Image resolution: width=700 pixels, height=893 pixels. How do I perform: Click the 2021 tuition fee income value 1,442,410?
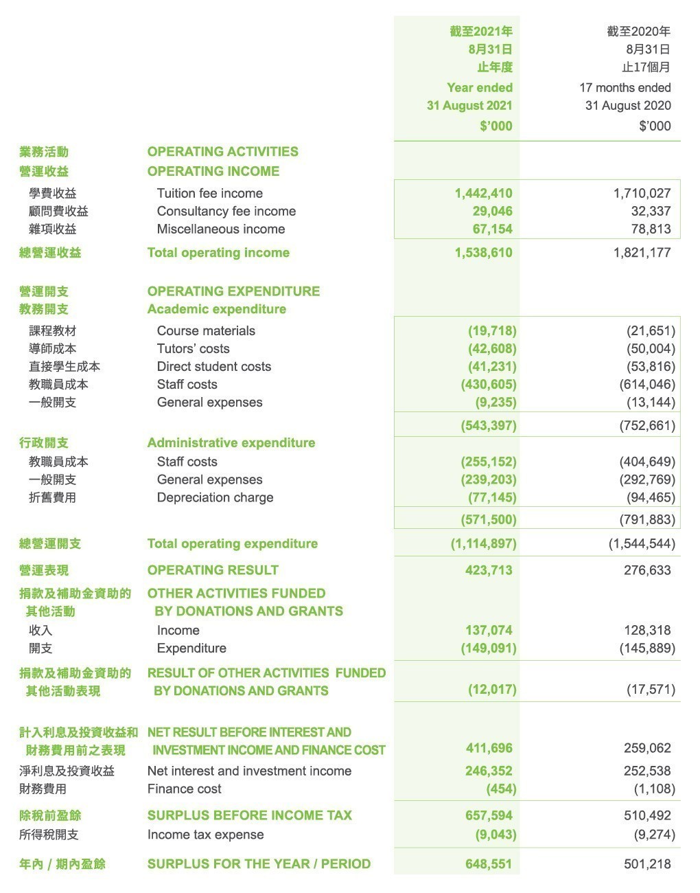coord(483,193)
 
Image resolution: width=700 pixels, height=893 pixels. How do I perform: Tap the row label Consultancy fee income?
coord(226,211)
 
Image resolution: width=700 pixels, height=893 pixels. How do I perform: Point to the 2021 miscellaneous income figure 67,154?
coord(492,229)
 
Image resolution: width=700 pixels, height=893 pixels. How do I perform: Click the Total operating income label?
coord(218,252)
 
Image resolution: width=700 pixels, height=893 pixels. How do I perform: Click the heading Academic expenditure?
coord(216,309)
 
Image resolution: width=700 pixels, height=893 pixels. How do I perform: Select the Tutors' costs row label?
coord(193,348)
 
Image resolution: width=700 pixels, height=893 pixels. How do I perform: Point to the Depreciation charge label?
coord(215,497)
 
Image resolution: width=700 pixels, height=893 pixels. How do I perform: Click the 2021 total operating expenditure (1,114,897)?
coord(483,543)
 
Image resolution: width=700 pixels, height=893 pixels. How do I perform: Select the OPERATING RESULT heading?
coord(213,570)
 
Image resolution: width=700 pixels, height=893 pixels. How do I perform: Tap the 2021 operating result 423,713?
coord(489,570)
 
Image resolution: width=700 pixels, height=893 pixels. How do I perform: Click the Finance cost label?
coord(184,789)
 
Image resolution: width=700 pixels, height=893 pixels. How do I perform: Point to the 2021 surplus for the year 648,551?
coord(489,863)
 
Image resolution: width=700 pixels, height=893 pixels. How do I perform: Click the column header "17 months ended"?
coord(625,87)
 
